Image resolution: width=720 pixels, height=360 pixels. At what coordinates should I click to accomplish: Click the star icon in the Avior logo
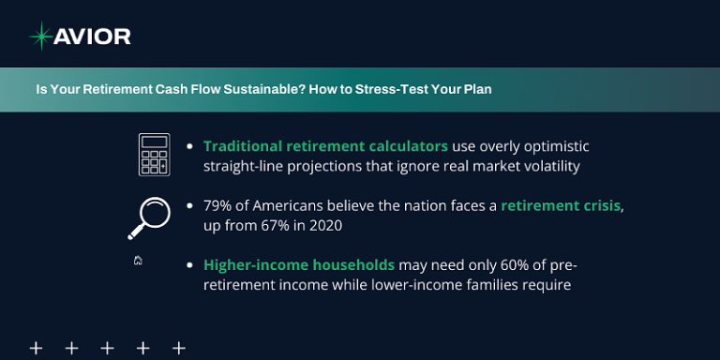40,37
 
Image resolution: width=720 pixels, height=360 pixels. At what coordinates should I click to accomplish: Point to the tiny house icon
138,261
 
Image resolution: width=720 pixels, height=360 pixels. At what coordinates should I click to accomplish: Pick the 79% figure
218,206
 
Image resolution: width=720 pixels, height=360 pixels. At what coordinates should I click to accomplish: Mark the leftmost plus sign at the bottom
36,348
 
